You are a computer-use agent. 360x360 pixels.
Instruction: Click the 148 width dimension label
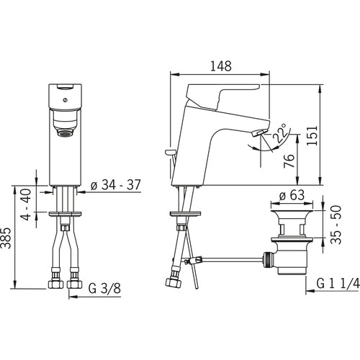click(221, 66)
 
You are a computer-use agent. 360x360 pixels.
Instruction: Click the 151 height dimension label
click(312, 135)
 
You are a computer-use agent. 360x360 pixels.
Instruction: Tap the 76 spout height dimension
click(289, 161)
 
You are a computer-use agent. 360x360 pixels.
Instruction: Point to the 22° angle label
click(280, 133)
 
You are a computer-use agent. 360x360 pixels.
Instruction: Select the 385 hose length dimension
click(6, 238)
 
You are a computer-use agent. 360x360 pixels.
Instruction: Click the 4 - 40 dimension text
click(26, 204)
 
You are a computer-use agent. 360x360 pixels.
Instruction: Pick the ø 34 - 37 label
click(115, 185)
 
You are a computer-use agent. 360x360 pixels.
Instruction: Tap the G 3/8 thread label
click(104, 288)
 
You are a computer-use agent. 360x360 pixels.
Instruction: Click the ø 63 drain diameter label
click(292, 195)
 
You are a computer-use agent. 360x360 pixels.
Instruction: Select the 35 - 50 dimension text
click(336, 225)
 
